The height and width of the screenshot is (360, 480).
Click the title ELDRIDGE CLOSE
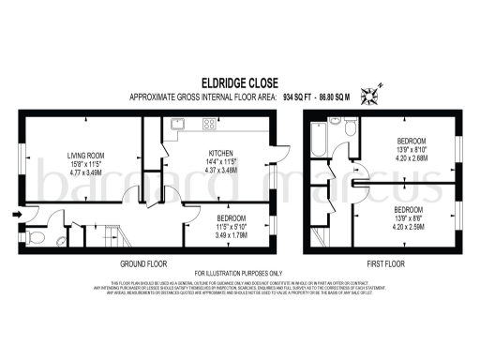[x=239, y=82]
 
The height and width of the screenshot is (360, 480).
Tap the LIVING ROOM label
[x=83, y=156]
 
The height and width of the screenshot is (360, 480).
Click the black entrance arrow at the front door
[x=13, y=215]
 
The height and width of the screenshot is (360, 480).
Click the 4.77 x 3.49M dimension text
[x=83, y=172]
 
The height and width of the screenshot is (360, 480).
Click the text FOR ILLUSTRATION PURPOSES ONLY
[x=240, y=274]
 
